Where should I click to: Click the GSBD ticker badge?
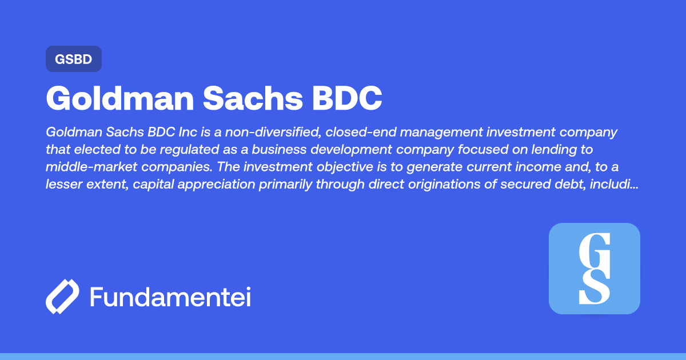click(73, 59)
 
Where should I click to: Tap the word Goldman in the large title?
click(117, 98)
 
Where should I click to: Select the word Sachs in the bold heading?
click(252, 98)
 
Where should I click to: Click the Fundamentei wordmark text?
click(170, 297)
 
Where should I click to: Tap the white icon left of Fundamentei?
click(62, 297)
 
